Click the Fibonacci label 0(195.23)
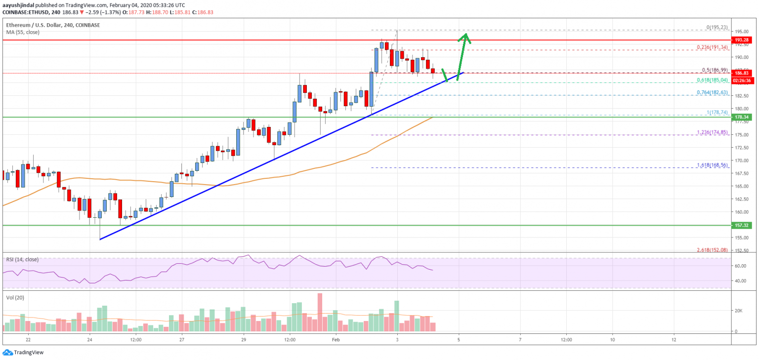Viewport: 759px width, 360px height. point(715,28)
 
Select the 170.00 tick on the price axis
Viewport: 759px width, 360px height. point(739,160)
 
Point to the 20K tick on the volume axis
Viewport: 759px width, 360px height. point(737,311)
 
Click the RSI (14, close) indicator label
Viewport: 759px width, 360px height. point(23,259)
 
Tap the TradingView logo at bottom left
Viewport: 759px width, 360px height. point(23,353)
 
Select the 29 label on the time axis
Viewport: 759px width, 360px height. point(243,340)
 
